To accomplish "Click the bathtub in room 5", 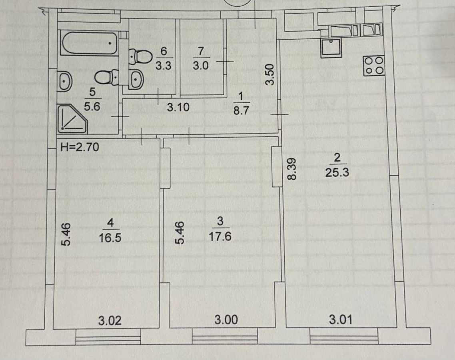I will (x=89, y=44).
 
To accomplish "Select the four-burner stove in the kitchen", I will (x=374, y=66).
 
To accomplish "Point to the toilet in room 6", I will (x=138, y=56).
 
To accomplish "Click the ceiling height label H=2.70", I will (x=79, y=148).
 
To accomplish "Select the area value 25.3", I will (x=337, y=173).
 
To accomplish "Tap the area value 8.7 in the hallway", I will (x=241, y=110).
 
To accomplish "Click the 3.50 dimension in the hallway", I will (x=270, y=75).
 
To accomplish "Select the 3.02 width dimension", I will (x=110, y=320).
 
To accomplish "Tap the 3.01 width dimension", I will (x=340, y=320).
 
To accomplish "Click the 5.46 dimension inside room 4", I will (x=67, y=234).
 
